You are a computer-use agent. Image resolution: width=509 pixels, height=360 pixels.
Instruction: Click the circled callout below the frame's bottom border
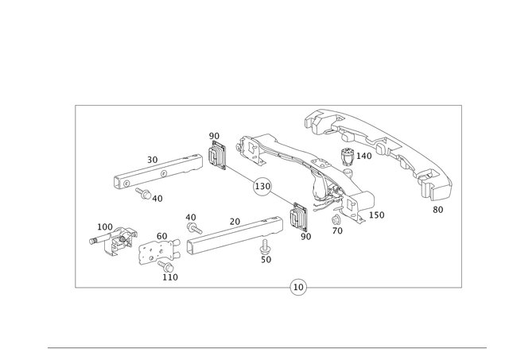(297, 287)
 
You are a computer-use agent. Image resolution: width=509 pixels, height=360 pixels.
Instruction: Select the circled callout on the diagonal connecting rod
(260, 188)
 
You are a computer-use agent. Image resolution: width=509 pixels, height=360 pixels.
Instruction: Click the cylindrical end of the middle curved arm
(362, 201)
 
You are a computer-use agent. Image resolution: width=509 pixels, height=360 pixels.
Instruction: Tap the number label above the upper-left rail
(153, 157)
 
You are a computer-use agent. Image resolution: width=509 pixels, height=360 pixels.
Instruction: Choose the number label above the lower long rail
(234, 218)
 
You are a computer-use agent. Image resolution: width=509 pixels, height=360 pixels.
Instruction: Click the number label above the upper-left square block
(212, 134)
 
